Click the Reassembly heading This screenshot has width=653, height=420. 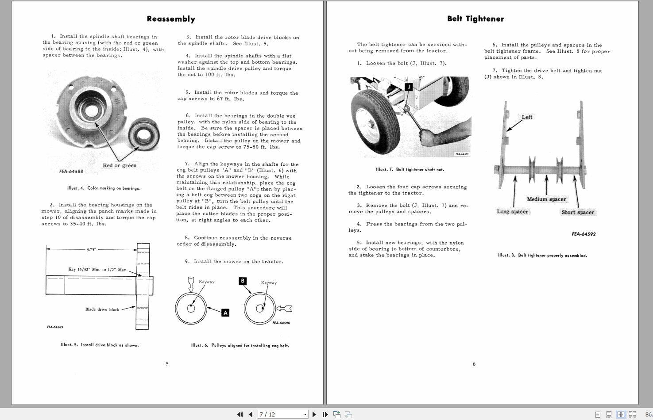(171, 19)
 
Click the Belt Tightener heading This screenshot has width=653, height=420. (475, 19)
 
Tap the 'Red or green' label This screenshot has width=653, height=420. (120, 165)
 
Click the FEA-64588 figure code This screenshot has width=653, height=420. (71, 172)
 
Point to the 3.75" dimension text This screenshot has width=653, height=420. (91, 249)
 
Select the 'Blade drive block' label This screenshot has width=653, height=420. (102, 309)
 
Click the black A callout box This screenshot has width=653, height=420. (225, 313)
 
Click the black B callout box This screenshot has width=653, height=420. (242, 281)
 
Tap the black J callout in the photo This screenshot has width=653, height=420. (409, 87)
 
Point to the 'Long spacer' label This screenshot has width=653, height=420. (512, 212)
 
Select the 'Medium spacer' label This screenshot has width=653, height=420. (546, 199)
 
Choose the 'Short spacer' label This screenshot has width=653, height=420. (577, 212)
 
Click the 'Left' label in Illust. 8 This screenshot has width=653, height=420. (527, 117)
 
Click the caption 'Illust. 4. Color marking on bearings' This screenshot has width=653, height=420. (104, 188)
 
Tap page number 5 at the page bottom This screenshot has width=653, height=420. (167, 364)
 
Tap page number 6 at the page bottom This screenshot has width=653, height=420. (474, 364)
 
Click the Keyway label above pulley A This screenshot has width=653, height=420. (206, 282)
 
